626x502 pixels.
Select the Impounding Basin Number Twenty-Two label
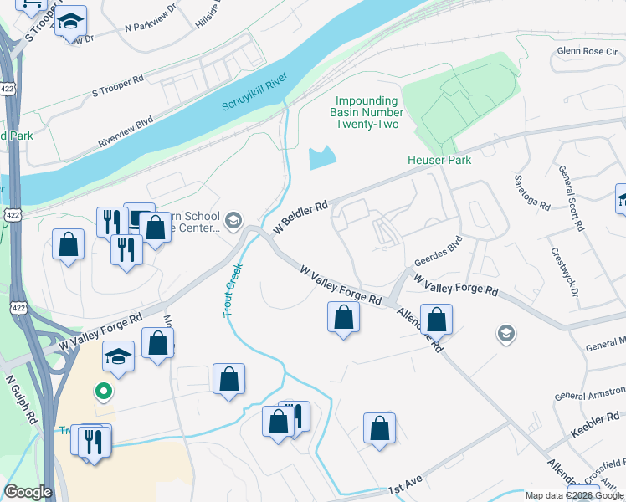(367, 112)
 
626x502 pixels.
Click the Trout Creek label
(233, 290)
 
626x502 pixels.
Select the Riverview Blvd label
(126, 131)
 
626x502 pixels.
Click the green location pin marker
(104, 391)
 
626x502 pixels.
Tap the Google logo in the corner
(28, 492)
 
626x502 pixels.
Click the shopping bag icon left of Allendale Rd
(343, 318)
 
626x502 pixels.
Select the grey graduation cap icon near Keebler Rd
(505, 334)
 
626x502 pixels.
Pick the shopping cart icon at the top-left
(31, 5)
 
